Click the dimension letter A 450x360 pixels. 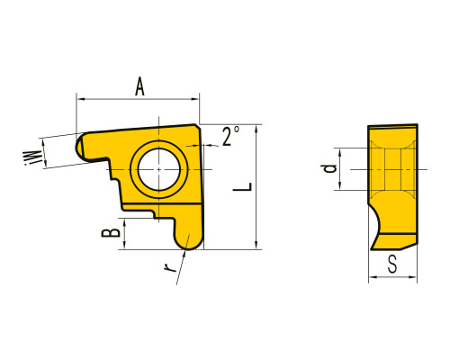(139, 86)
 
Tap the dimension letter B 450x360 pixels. (111, 232)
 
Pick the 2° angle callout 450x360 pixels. (230, 136)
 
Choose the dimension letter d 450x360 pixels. (330, 168)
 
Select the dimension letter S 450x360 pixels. (392, 264)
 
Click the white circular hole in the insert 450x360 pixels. (159, 169)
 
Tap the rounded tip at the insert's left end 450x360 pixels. (79, 148)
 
